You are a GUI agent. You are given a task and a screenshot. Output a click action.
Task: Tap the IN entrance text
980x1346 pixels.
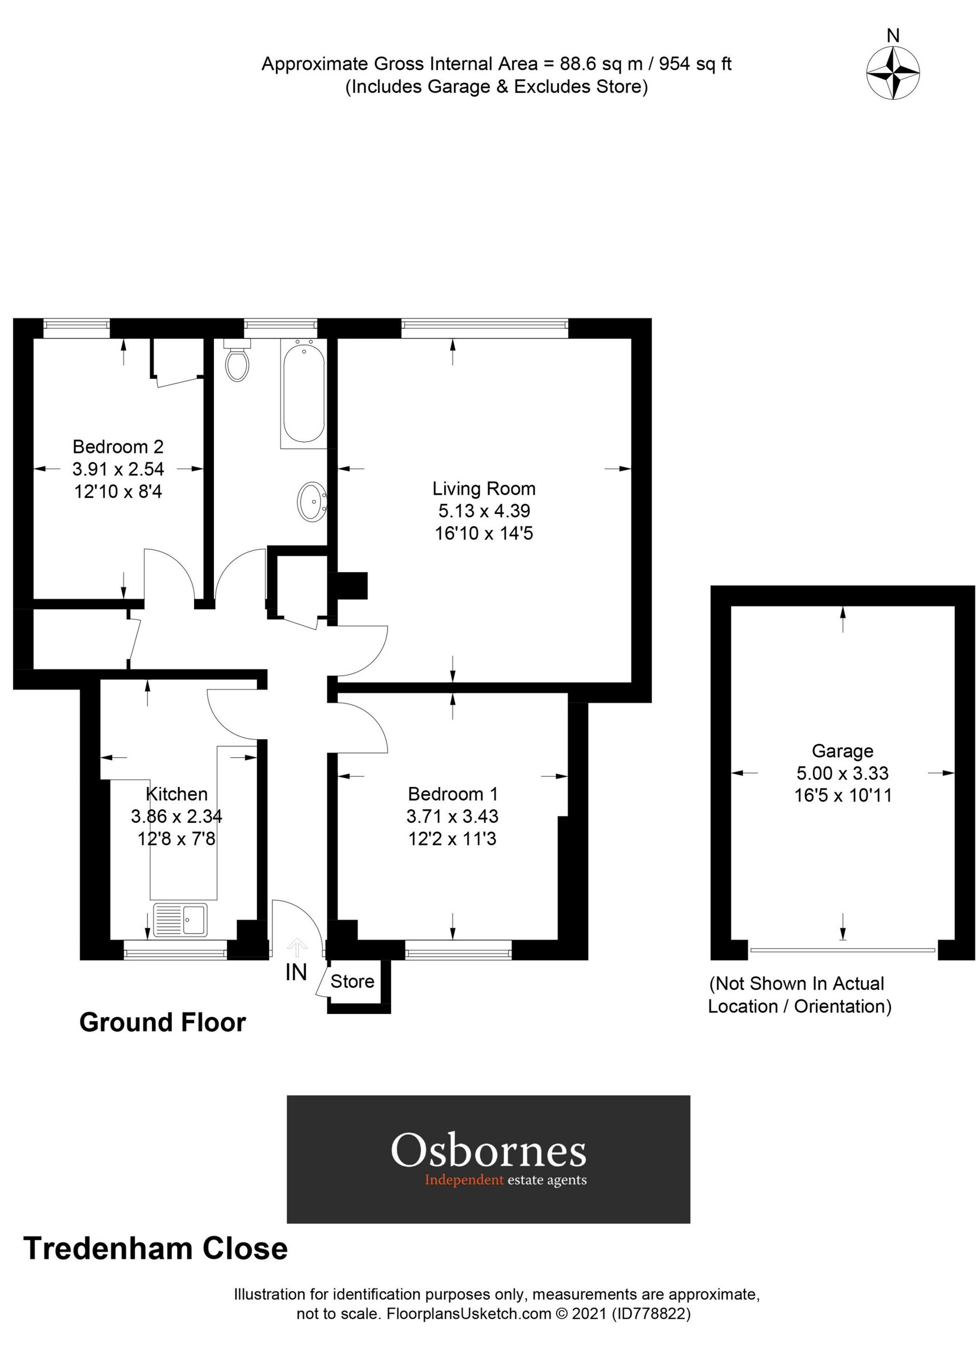click(296, 972)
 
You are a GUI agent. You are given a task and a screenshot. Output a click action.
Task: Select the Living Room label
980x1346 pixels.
click(484, 488)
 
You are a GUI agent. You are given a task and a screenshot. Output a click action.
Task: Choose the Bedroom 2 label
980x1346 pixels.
click(118, 446)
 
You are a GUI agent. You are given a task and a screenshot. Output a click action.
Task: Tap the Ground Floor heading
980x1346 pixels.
click(162, 1023)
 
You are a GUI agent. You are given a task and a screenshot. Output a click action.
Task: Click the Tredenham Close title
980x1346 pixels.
click(155, 1248)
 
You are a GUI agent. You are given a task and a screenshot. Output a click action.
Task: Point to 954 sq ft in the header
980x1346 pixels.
click(695, 64)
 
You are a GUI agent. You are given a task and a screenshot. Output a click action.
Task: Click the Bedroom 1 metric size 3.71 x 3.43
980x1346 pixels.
click(452, 816)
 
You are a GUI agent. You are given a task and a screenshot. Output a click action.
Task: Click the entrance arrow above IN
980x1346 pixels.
click(297, 945)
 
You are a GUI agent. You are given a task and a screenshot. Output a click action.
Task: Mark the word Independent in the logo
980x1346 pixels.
click(464, 1180)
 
